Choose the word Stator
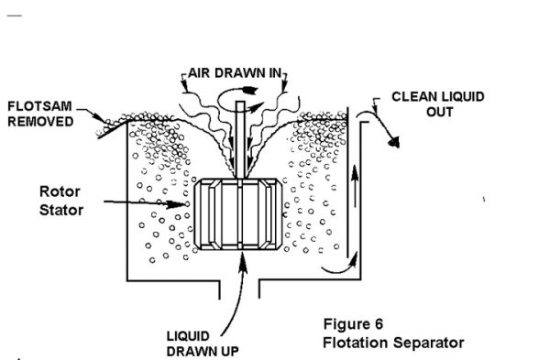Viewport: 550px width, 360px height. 60,211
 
